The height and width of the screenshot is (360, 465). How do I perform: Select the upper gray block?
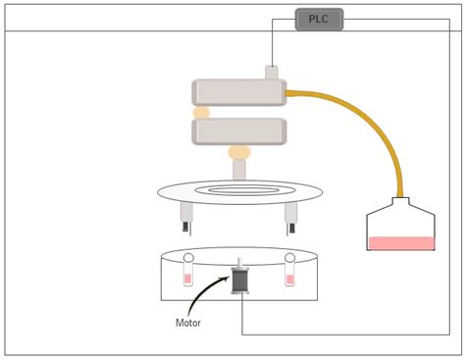(238, 92)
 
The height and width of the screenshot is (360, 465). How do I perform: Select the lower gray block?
(239, 130)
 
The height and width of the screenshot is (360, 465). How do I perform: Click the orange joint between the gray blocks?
(201, 112)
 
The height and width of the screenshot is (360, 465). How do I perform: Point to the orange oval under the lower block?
(239, 152)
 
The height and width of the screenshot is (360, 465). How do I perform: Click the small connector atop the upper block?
(273, 72)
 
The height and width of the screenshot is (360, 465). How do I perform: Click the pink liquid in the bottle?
(400, 242)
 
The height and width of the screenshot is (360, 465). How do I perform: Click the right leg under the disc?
(290, 218)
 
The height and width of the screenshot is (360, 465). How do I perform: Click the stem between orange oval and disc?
(239, 169)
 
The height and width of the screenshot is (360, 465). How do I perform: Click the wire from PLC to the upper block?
(273, 44)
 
